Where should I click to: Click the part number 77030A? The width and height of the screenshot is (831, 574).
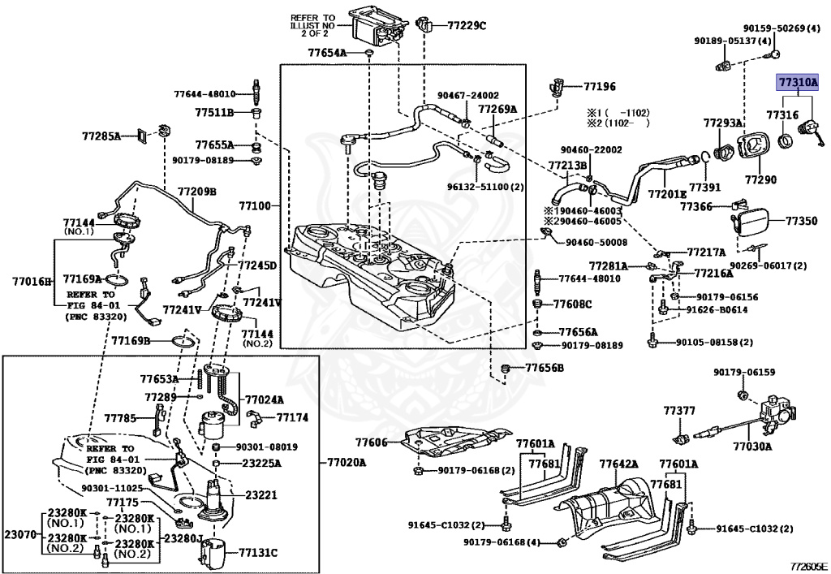pyautogui.click(x=752, y=446)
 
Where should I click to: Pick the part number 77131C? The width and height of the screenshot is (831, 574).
pyautogui.click(x=258, y=553)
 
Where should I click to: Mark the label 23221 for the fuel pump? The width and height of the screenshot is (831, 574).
pyautogui.click(x=261, y=493)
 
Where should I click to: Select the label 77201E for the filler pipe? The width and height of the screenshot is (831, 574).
pyautogui.click(x=668, y=194)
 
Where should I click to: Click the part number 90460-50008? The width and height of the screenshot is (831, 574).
pyautogui.click(x=596, y=241)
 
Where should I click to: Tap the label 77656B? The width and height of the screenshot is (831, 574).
pyautogui.click(x=544, y=368)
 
